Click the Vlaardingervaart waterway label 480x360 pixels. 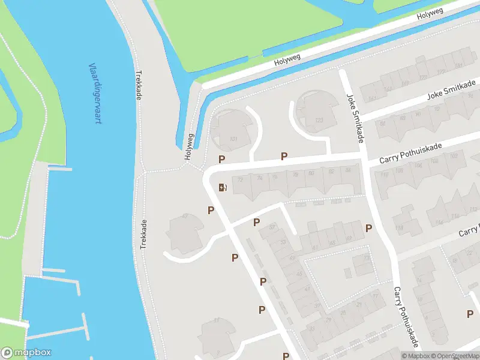coord(95,93)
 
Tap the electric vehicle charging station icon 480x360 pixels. coord(223,187)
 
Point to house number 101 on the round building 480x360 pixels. coord(233,140)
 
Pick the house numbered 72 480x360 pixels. coord(241,179)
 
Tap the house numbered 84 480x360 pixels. coord(348,170)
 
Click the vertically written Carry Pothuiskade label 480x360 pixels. coord(405,316)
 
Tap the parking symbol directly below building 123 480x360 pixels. coord(284,156)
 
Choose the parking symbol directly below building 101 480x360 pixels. coord(221,159)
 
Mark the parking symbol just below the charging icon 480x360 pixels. coord(211,209)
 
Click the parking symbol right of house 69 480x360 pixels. coord(368,228)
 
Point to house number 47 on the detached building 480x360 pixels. coord(185,216)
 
